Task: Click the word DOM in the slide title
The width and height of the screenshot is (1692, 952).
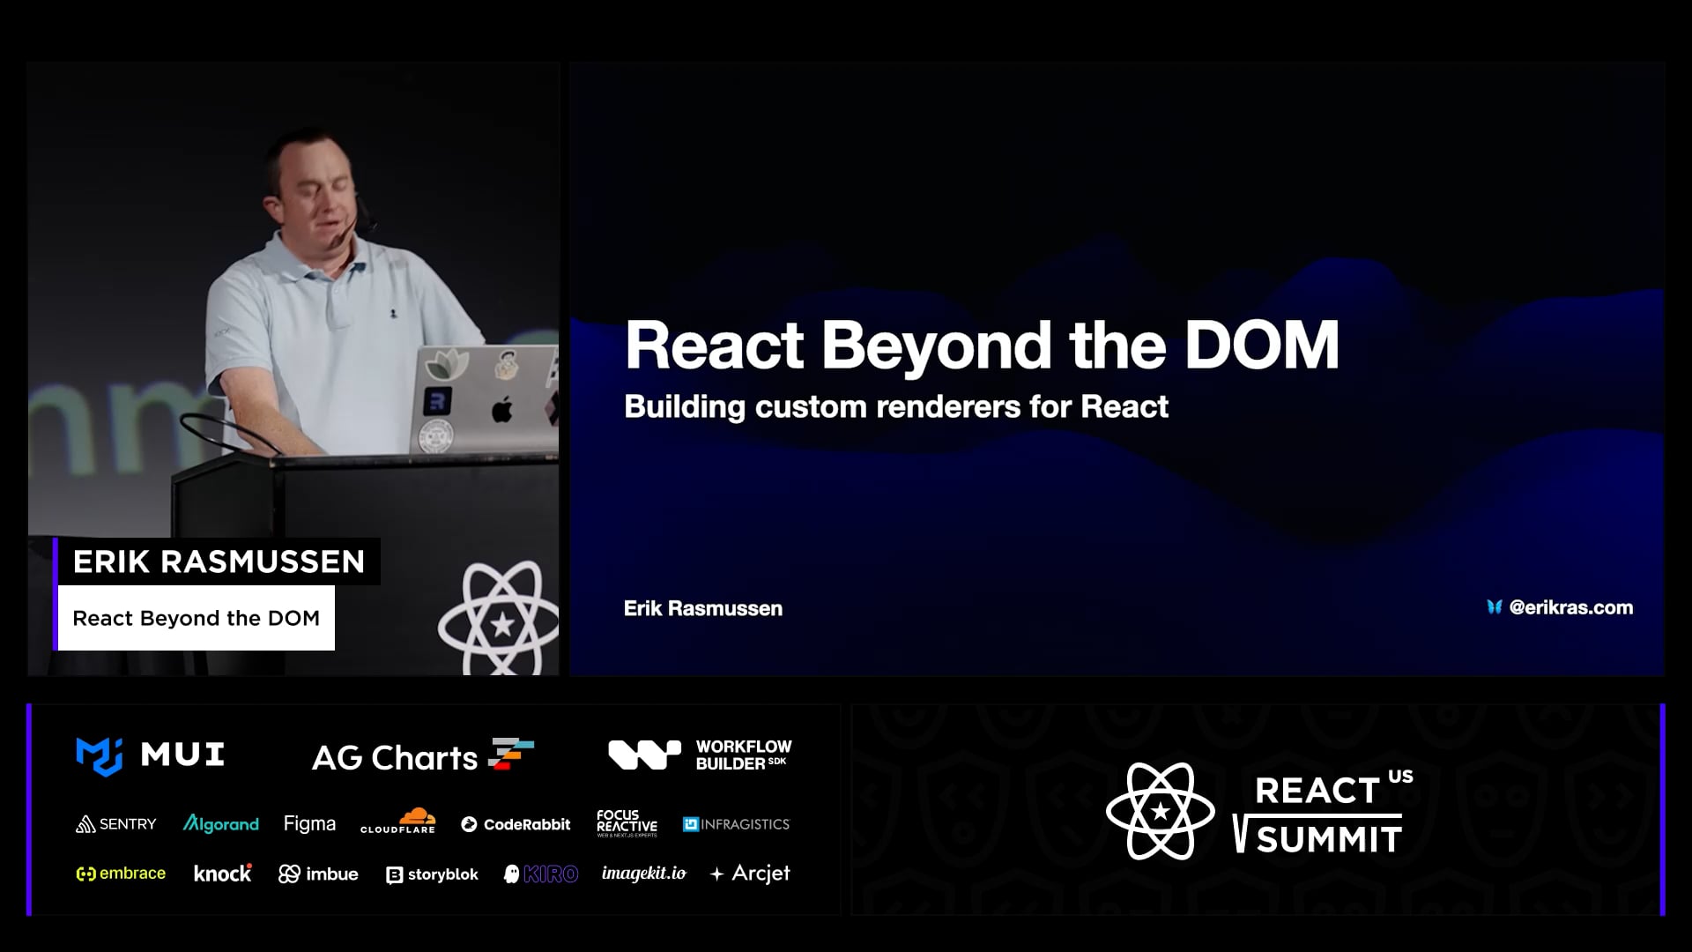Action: click(x=1262, y=345)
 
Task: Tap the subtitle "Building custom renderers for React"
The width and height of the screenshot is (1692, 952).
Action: click(x=896, y=407)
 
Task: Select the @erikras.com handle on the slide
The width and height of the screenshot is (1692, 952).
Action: click(x=1571, y=607)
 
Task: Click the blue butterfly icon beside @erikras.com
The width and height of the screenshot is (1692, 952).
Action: click(x=1494, y=607)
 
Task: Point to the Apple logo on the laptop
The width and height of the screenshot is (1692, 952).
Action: click(x=501, y=409)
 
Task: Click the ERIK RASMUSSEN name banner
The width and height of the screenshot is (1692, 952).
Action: click(x=219, y=562)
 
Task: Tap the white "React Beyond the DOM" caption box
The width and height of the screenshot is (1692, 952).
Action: click(x=196, y=618)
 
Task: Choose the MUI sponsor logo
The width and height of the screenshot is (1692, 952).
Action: click(x=151, y=755)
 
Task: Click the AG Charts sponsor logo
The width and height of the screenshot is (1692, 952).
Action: click(x=423, y=756)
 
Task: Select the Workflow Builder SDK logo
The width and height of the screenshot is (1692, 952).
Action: click(x=700, y=755)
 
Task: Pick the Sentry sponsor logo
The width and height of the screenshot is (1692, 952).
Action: click(x=116, y=824)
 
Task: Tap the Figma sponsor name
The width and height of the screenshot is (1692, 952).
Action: click(x=309, y=823)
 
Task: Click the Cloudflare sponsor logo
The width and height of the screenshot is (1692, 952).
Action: click(x=398, y=821)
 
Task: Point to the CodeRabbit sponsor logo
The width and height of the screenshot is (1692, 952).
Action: click(x=516, y=824)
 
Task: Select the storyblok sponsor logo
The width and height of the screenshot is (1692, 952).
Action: click(x=432, y=874)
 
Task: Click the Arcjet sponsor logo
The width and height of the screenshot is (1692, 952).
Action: click(x=750, y=874)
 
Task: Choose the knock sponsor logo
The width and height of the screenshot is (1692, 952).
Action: click(x=223, y=873)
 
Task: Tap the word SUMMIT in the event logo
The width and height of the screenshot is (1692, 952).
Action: click(x=1329, y=839)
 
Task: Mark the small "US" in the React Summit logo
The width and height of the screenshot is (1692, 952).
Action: click(x=1400, y=777)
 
